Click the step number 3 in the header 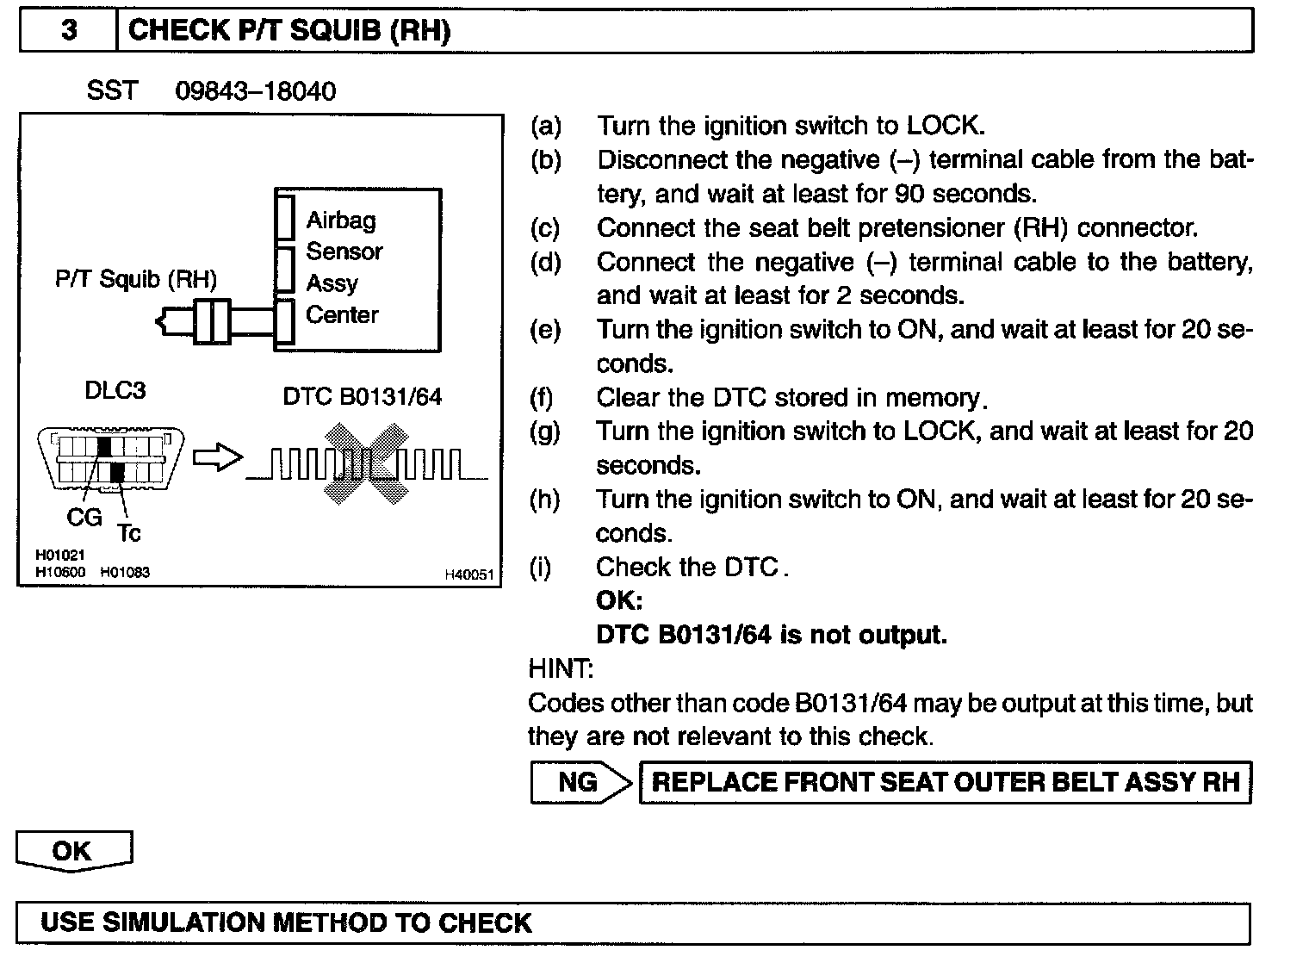pos(69,31)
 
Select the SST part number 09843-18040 pos(255,91)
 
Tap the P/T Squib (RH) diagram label pos(136,279)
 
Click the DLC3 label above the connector pos(115,390)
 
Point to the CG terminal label pos(84,517)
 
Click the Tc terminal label pos(128,534)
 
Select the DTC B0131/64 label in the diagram pos(362,396)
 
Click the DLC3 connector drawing pos(110,461)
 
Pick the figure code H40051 pos(469,574)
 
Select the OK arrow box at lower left pos(73,851)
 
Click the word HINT pos(561,668)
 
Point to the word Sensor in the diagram pos(344,252)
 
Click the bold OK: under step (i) pos(619,600)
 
